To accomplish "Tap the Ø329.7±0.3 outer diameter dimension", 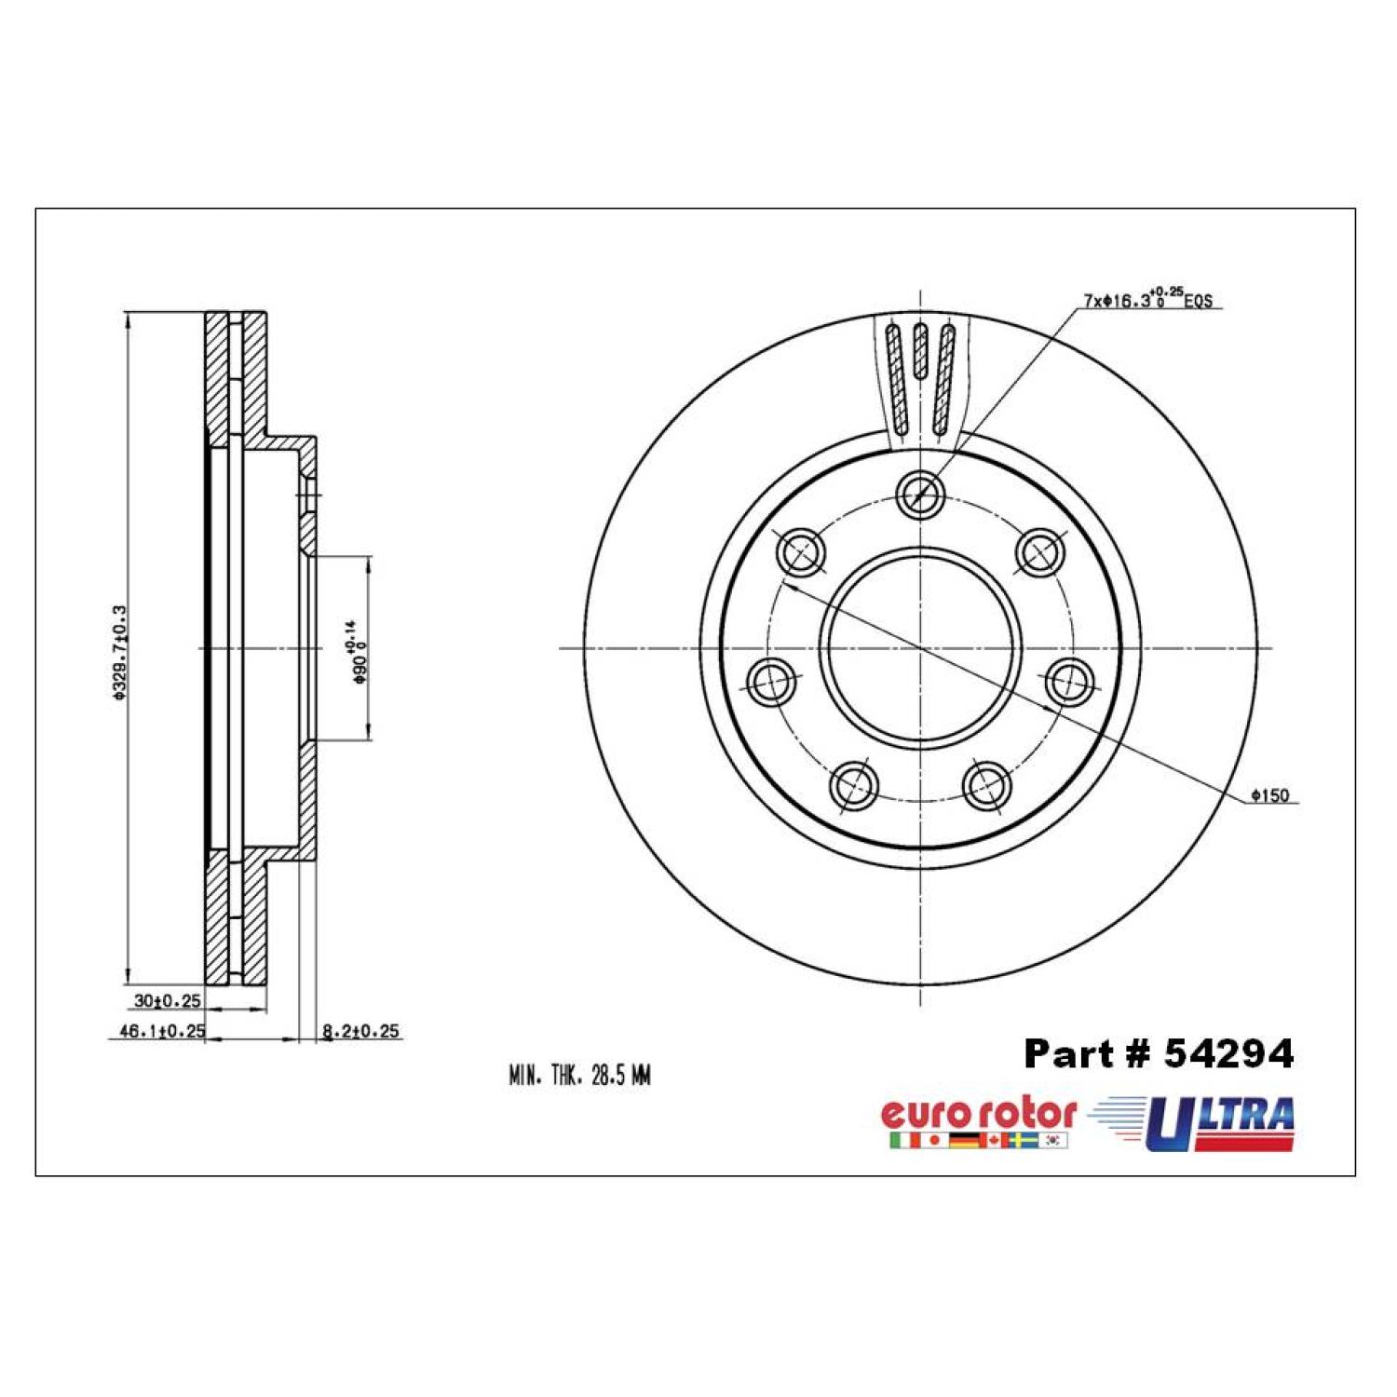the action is point(119,651).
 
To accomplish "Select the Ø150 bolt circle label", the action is point(1270,795).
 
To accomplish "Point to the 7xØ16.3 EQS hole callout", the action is point(1147,300).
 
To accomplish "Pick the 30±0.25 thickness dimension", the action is point(168,1001).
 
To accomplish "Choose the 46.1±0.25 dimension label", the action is point(156,1031).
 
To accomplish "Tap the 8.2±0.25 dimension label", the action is point(360,1031).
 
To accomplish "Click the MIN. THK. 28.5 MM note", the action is point(579,1077).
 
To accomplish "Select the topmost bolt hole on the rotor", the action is point(920,494).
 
